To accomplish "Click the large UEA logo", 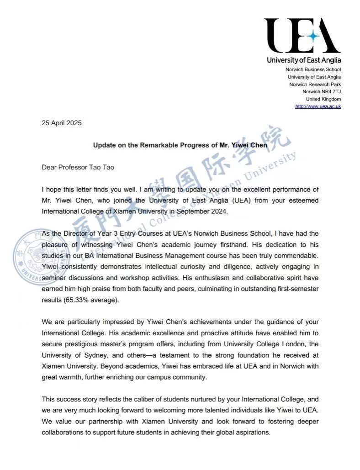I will [302, 36].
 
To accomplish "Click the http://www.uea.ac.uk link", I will [318, 106].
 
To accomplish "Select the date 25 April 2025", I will [62, 123].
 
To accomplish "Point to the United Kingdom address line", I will [323, 99].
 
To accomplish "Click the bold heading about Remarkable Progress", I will [180, 145].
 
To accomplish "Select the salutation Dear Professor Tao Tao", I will [78, 167].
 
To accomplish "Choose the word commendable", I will [295, 255].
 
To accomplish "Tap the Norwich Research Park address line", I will [315, 84].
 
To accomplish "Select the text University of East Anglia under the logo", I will [304, 60].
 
